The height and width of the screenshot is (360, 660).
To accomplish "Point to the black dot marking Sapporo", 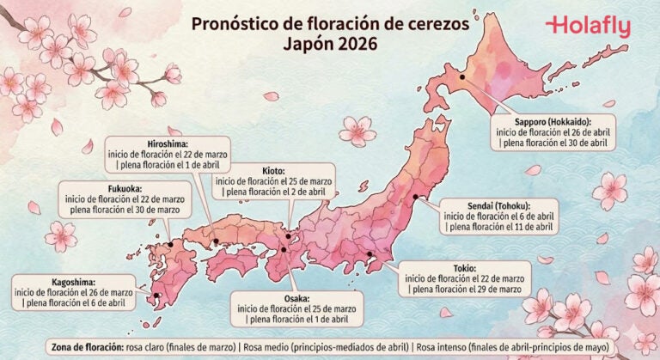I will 462,76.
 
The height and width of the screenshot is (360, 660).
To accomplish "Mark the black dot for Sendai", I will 416,197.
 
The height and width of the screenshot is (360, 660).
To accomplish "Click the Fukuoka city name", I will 82,187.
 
